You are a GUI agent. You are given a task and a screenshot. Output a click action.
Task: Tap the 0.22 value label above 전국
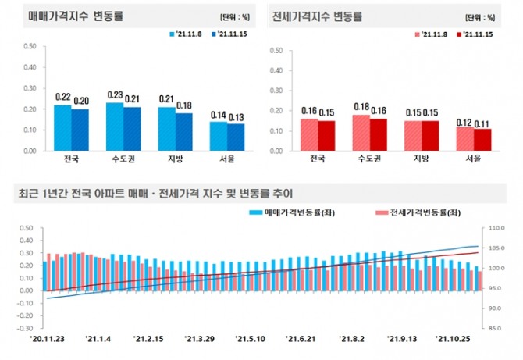point(63,98)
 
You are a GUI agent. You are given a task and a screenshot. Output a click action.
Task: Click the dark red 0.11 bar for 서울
point(482,139)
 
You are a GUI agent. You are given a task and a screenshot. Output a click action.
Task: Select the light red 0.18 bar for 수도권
point(361,132)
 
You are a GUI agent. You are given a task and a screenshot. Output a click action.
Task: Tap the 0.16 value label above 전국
point(309,112)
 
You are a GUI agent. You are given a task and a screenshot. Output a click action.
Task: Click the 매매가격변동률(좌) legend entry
point(285,212)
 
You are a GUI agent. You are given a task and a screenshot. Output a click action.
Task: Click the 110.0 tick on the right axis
point(496,229)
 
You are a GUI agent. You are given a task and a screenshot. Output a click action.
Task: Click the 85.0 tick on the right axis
point(496,329)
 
